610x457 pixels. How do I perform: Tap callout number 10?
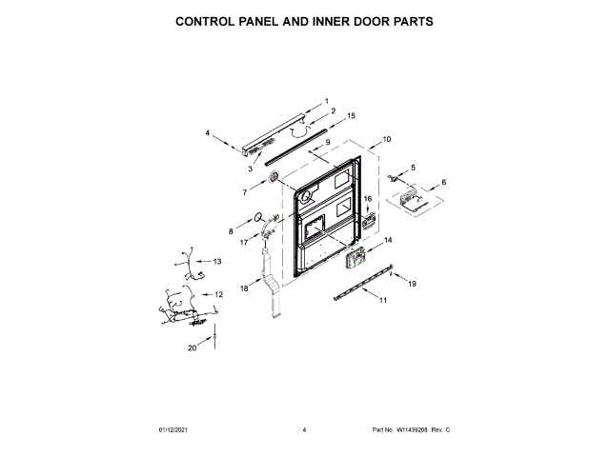pyautogui.click(x=386, y=139)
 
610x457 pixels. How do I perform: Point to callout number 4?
pyautogui.click(x=208, y=133)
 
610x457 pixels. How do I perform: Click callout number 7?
pyautogui.click(x=244, y=192)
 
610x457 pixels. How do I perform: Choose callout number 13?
pyautogui.click(x=216, y=261)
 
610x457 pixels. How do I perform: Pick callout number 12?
pyautogui.click(x=218, y=295)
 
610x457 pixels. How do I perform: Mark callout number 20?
pyautogui.click(x=192, y=348)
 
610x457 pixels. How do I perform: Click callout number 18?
pyautogui.click(x=243, y=287)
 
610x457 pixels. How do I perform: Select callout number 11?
pyautogui.click(x=383, y=301)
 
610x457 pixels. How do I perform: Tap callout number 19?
pyautogui.click(x=413, y=284)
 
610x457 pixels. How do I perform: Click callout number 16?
pyautogui.click(x=367, y=198)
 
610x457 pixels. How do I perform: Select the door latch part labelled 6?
pyautogui.click(x=412, y=200)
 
